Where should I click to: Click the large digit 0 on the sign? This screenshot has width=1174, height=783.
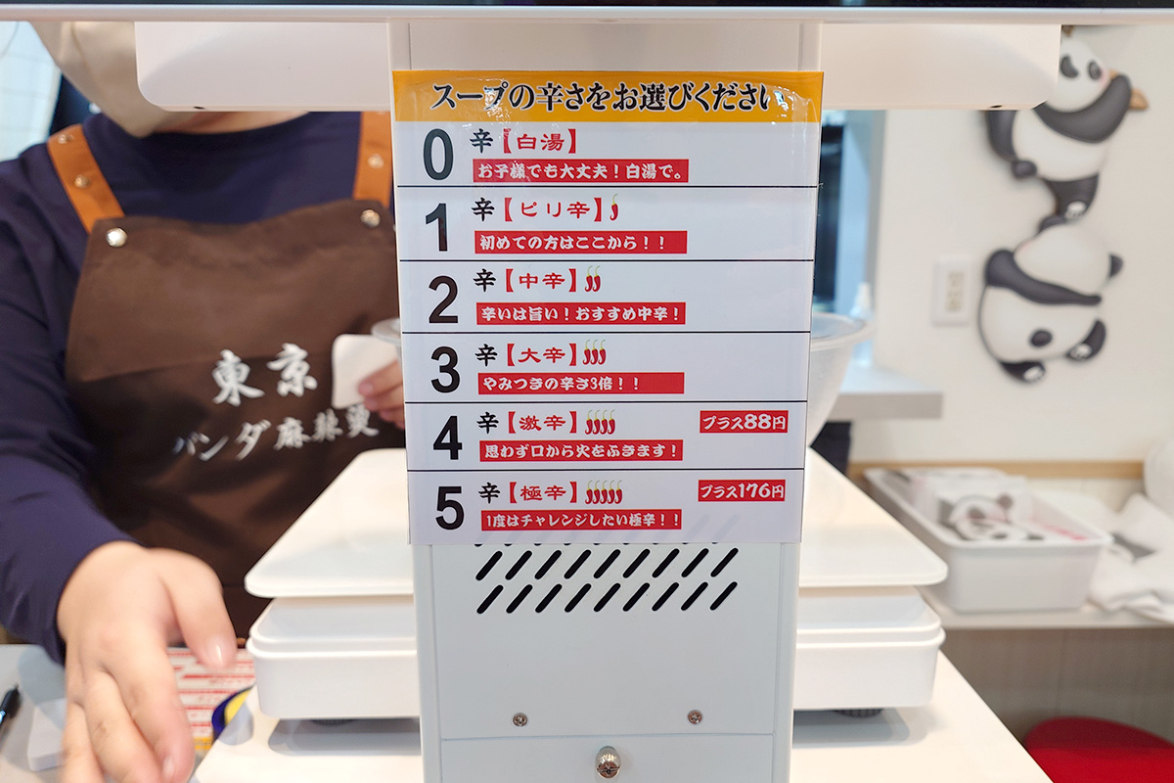[x=437, y=155]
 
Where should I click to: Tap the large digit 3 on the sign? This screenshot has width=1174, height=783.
[x=445, y=369]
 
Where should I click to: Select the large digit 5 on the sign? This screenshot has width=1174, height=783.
[x=450, y=507]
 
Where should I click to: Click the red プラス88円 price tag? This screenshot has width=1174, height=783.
[x=744, y=422]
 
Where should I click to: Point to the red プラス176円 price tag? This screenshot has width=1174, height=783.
[x=742, y=491]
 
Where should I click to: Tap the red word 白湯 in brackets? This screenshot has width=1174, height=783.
[x=540, y=142]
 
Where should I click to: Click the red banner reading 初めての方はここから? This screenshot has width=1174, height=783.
[x=581, y=243]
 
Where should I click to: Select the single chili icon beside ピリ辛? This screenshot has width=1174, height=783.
[x=614, y=207]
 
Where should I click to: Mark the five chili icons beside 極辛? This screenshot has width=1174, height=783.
[x=604, y=492]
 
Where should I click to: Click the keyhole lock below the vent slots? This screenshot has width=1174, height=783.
[x=608, y=760]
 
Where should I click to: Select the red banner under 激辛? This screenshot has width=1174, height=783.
[x=581, y=451]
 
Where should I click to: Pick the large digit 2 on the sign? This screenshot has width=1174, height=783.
[x=443, y=299]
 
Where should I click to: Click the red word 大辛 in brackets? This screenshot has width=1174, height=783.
[x=542, y=355]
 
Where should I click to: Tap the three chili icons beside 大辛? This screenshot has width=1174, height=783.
[x=595, y=352]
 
